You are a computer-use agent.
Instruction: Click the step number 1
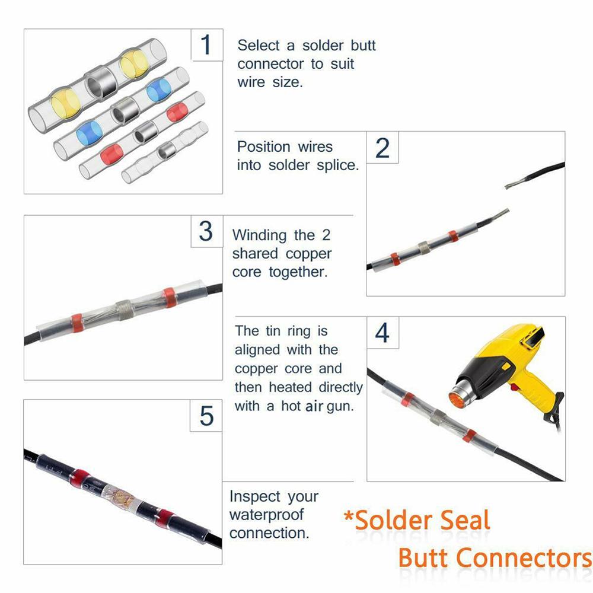tap(206, 45)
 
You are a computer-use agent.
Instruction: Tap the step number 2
tap(382, 148)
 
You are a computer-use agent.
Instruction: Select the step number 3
tap(206, 231)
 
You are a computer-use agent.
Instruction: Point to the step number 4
tap(382, 333)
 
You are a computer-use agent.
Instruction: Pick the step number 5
tap(206, 416)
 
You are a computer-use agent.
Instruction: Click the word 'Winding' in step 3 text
tap(259, 235)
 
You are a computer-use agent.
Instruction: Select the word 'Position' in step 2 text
tap(264, 146)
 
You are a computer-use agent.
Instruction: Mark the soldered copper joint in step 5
tap(122, 493)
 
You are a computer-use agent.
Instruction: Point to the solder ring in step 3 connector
tap(124, 310)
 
